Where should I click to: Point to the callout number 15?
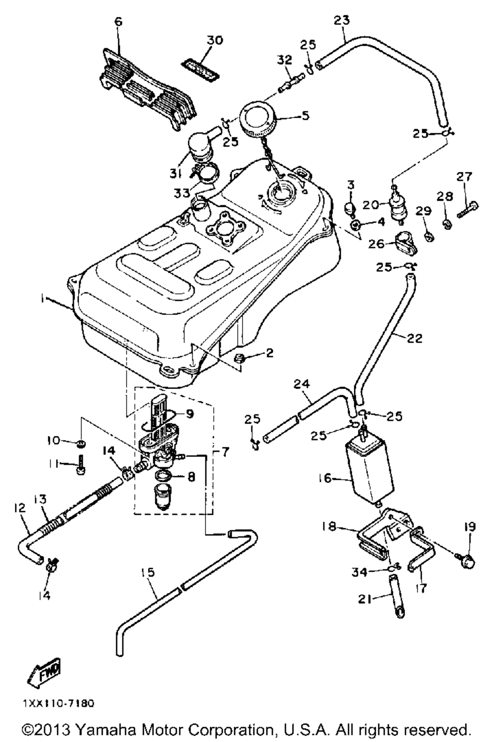tap(148, 573)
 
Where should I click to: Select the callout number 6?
tap(118, 22)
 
